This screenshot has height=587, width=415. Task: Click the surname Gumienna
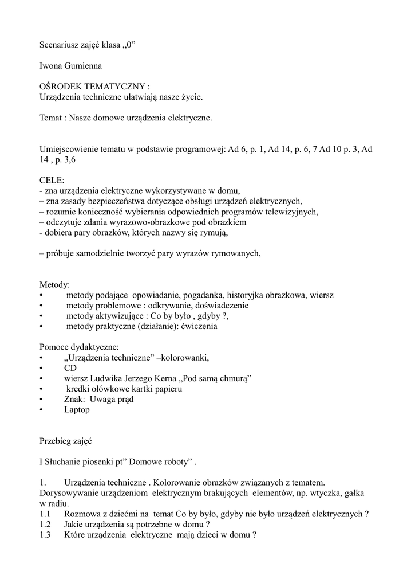(84, 66)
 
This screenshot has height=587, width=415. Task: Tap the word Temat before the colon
(50, 118)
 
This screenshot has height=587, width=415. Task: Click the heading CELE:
(52, 180)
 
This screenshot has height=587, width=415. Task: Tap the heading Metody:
(54, 284)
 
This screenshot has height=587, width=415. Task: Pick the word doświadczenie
(220, 306)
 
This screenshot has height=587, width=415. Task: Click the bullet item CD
(70, 368)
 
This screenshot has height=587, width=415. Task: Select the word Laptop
(77, 410)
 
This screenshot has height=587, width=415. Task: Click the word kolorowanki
(186, 358)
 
